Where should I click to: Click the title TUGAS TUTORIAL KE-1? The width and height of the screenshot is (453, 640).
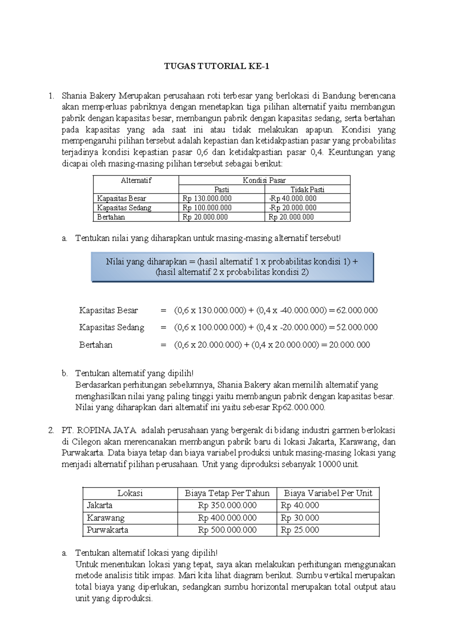[217, 67]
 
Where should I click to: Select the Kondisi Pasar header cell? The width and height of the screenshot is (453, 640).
[264, 180]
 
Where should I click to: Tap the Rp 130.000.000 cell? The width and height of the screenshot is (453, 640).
[207, 198]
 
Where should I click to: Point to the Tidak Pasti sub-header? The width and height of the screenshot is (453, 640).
[307, 189]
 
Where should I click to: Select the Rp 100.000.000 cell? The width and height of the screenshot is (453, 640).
[207, 208]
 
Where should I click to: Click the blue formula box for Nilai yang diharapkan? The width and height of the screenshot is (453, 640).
[232, 267]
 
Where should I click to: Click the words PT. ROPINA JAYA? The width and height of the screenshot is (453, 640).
[100, 431]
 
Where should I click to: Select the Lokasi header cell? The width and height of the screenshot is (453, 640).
[130, 493]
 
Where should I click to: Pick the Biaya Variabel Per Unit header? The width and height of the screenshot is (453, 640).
[328, 493]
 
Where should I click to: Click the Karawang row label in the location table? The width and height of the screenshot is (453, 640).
[105, 518]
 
